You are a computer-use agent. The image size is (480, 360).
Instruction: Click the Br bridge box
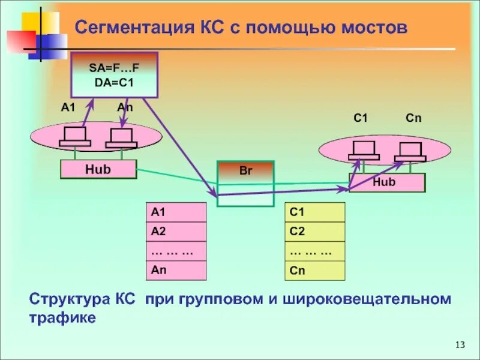coord(245,183)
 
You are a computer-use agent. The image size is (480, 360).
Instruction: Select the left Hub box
coord(98,170)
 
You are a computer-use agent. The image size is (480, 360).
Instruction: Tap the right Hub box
coord(386,182)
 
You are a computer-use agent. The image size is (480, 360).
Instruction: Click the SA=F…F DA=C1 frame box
coord(114,74)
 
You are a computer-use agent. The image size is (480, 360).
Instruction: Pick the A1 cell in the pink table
coord(176,212)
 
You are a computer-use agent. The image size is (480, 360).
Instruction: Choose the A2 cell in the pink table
coord(176,232)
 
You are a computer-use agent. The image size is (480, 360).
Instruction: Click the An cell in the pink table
coord(176,271)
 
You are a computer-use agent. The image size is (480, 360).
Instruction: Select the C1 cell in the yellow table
coord(315,212)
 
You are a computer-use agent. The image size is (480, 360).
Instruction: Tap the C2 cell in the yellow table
coord(315,232)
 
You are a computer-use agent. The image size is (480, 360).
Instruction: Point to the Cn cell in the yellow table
coord(315,271)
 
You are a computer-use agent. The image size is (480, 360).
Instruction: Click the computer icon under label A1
coord(75,137)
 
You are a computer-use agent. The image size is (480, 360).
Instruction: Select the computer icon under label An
coord(121,139)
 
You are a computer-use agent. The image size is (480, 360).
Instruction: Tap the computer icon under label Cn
coord(410,152)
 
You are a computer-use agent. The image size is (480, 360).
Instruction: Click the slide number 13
coord(460,344)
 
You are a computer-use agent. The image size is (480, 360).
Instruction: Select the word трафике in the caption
coord(62,317)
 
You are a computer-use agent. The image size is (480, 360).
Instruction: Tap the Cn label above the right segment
coord(413,118)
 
